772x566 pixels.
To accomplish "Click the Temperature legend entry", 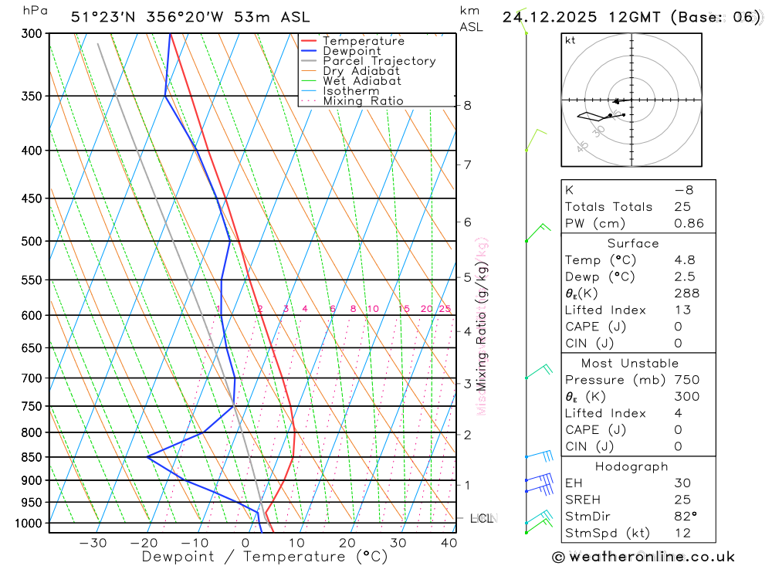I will tap(363, 41).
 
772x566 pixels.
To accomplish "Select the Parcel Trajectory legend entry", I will tap(379, 61).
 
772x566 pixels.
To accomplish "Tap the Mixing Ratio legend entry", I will tap(363, 100).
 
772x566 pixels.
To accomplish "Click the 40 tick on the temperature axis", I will tap(449, 543).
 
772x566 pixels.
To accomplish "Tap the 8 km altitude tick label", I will tap(468, 106).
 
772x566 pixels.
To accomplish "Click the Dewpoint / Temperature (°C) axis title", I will tap(264, 556).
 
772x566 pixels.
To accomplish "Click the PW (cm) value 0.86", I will tap(689, 224).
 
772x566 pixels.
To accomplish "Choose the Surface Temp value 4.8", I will tap(684, 260).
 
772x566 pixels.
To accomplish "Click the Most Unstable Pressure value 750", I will tap(686, 380).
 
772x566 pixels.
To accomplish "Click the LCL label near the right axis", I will tap(482, 518).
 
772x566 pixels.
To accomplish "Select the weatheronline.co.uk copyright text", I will tap(643, 556).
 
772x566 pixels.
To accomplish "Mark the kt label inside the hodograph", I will tap(570, 40).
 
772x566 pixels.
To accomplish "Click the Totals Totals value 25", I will tap(682, 207).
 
